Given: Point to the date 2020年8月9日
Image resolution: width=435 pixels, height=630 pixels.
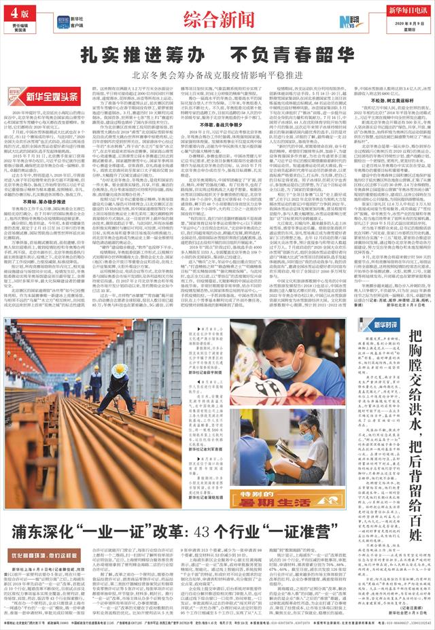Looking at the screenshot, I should (x=398, y=23).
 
